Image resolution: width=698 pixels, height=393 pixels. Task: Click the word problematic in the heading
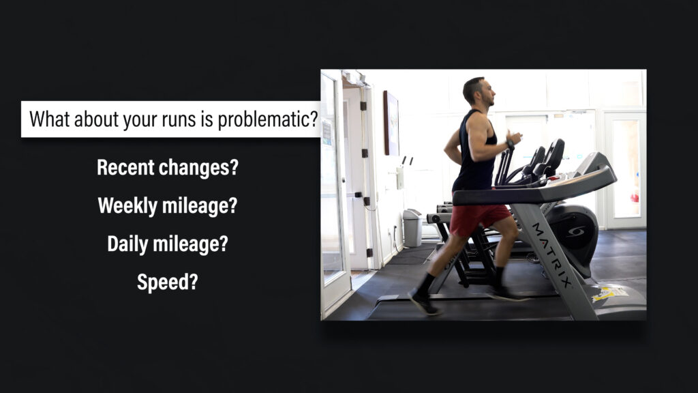(x=267, y=119)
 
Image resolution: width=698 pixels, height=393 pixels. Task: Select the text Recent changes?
(x=168, y=168)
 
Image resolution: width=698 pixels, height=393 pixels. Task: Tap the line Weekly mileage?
(x=168, y=206)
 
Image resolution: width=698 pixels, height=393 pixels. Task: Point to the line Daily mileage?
(x=168, y=244)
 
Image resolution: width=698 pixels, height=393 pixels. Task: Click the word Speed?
(x=168, y=282)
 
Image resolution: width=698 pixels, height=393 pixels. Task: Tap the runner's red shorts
(x=479, y=219)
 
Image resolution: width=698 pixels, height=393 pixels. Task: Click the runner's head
(x=479, y=91)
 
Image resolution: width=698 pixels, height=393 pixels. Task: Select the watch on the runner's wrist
(x=510, y=145)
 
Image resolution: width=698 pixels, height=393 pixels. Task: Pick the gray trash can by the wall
(x=412, y=228)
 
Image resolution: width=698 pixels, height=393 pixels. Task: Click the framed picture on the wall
(x=391, y=123)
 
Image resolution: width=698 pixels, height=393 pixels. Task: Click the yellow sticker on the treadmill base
(x=609, y=293)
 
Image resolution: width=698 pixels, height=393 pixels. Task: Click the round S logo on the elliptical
(x=575, y=232)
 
